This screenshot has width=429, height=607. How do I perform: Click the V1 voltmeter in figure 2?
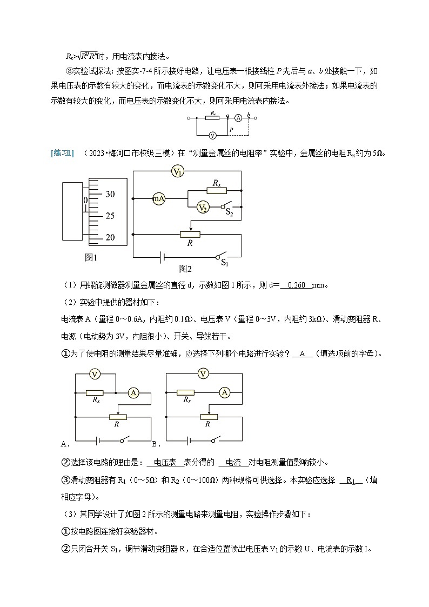click(178, 172)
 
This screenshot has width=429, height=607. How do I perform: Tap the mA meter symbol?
click(158, 199)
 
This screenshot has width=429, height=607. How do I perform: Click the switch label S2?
click(230, 214)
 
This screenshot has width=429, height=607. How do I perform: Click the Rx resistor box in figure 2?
click(217, 190)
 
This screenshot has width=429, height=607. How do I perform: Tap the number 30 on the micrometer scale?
click(110, 194)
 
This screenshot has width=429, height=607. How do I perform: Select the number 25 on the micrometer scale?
click(110, 216)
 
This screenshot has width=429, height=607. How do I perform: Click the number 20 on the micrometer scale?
click(110, 237)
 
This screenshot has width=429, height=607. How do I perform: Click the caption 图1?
click(91, 257)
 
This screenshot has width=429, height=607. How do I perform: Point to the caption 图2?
click(185, 268)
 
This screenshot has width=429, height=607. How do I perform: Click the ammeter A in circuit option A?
click(133, 393)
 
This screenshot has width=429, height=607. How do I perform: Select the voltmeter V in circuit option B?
click(203, 373)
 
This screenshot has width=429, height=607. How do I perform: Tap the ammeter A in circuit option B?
click(226, 393)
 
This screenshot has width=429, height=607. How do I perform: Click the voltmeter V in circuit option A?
click(95, 373)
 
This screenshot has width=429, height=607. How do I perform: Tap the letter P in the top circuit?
click(231, 130)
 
